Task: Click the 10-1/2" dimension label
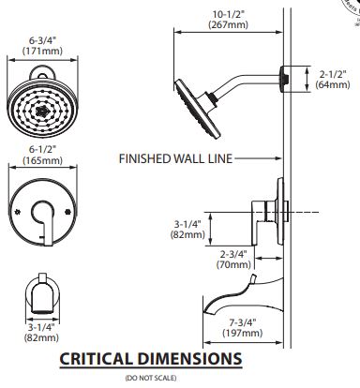229,14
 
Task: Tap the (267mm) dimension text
229,24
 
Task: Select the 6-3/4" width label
42,40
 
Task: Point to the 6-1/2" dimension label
42,150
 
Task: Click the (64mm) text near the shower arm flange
333,84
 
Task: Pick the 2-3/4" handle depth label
233,254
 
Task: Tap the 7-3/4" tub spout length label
243,322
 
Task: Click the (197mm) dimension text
243,333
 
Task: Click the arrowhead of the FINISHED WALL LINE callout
279,158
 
